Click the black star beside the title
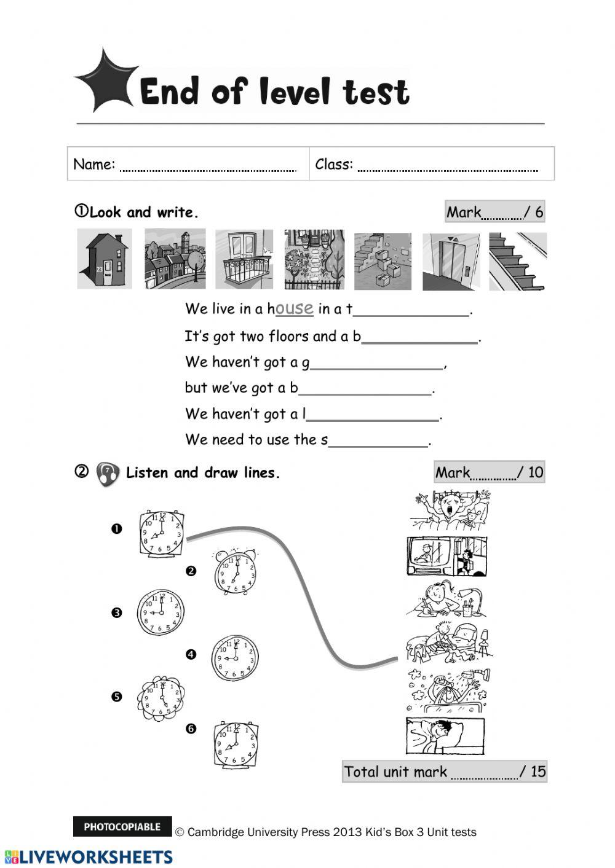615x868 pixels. [105, 81]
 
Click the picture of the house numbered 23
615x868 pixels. [104, 259]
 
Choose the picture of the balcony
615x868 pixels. [244, 259]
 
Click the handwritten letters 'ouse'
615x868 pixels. [295, 308]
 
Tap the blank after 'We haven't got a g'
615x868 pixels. [376, 364]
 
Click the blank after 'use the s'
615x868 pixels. [378, 442]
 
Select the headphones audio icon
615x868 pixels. [108, 474]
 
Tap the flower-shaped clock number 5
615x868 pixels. [161, 698]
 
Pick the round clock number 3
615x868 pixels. [161, 612]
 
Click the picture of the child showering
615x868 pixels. [448, 689]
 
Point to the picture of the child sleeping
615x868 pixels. [445, 735]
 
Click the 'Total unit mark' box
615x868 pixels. [444, 772]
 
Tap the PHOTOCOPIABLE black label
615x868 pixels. [122, 827]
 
